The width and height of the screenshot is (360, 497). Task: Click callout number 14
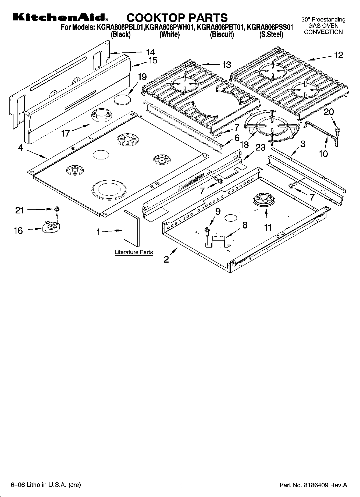tap(151, 52)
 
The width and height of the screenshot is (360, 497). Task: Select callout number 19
tap(142, 77)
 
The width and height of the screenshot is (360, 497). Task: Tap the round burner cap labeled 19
tap(122, 100)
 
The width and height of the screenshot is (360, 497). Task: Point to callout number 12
tap(338, 55)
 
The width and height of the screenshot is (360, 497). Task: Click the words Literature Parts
tap(134, 252)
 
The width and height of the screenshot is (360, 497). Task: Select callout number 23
tap(260, 147)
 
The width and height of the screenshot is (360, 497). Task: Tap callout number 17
tap(66, 133)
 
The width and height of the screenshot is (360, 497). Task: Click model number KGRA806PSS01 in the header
tap(270, 27)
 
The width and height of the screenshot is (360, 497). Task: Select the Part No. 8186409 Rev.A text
tap(313, 485)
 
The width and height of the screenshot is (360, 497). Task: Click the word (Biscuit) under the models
tap(222, 35)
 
